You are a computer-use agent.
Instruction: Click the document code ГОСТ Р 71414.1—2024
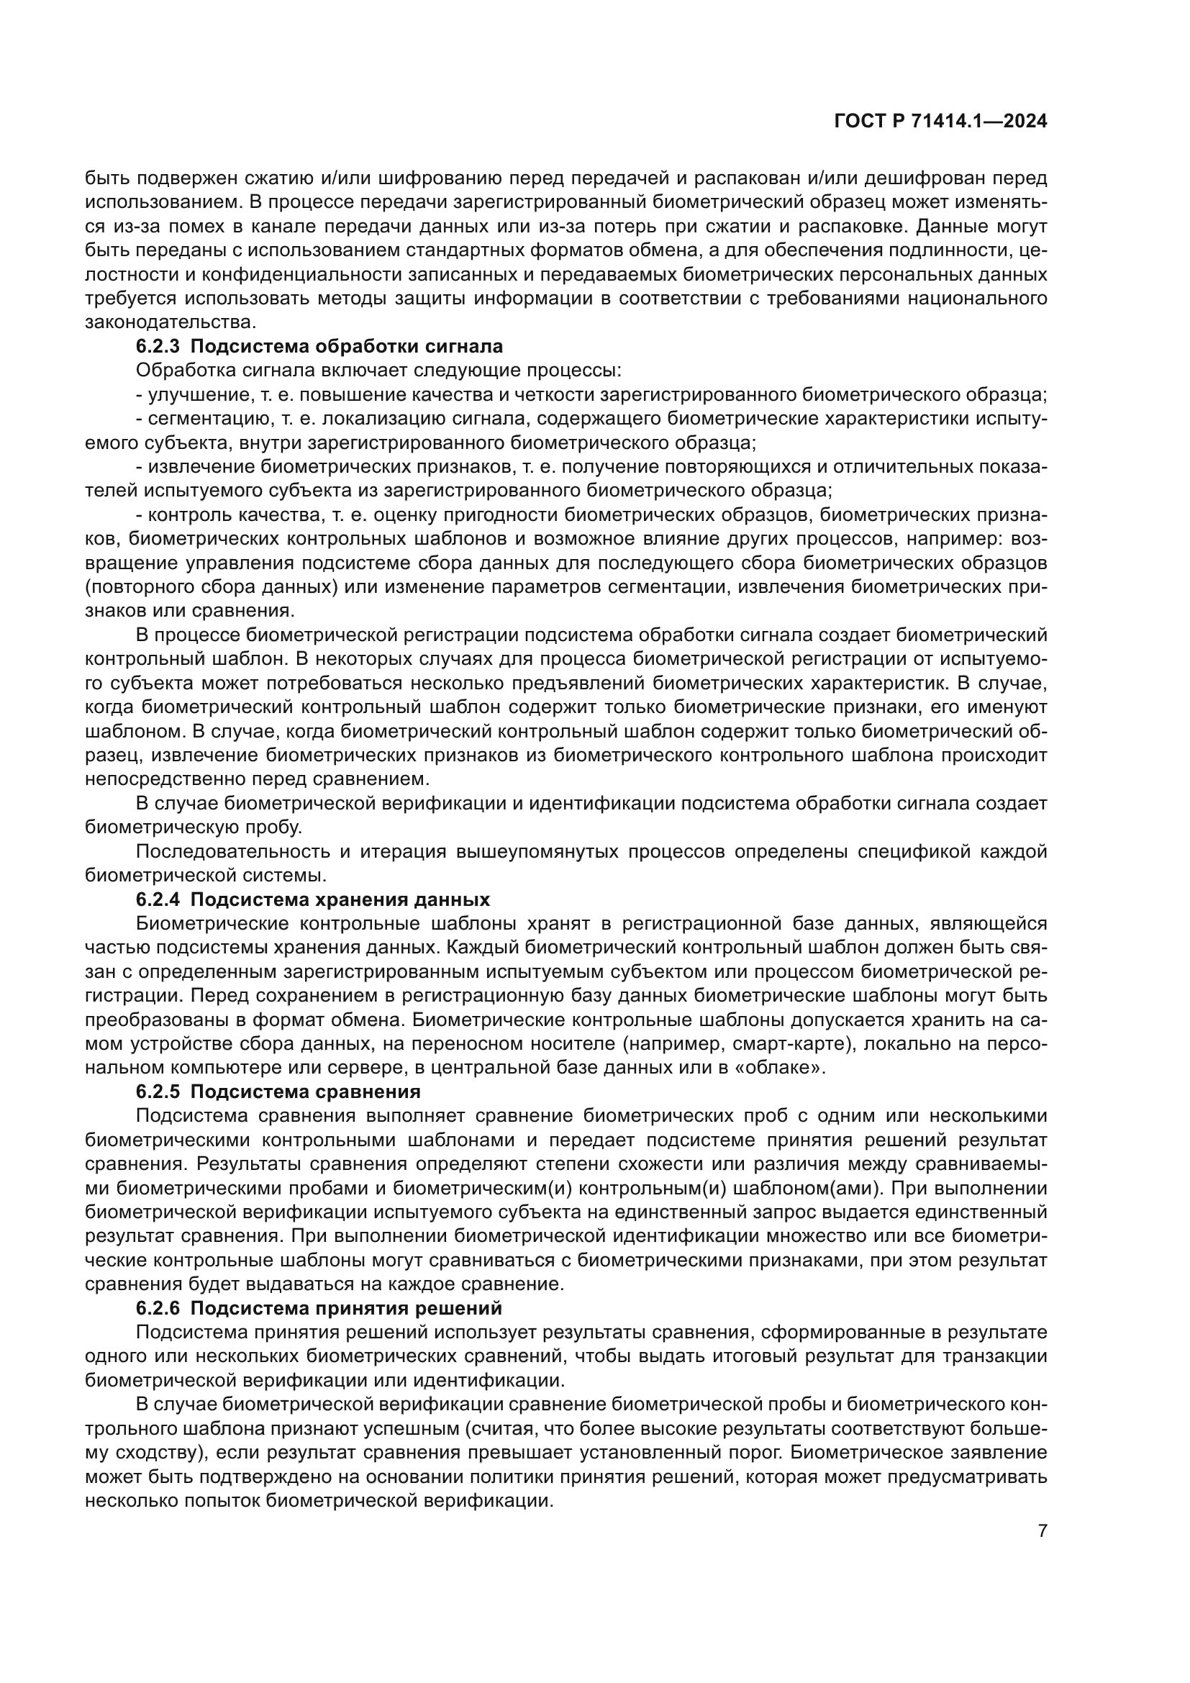pos(940,122)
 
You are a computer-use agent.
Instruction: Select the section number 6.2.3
pos(158,346)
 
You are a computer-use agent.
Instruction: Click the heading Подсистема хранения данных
pos(340,899)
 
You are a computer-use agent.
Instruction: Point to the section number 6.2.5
pos(158,1092)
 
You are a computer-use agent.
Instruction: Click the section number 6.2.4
pos(158,899)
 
